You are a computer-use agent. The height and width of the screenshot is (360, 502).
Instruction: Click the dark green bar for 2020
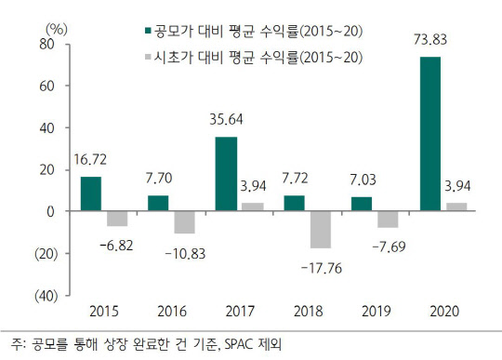tap(430, 134)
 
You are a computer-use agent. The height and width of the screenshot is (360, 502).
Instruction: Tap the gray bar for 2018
tap(321, 230)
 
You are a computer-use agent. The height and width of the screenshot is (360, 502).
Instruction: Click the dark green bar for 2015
tap(91, 193)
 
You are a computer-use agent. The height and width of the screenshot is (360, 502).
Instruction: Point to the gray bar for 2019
tap(390, 220)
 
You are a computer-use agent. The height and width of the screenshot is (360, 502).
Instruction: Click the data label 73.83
tap(430, 42)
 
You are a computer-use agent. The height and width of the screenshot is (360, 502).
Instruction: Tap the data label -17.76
tap(321, 267)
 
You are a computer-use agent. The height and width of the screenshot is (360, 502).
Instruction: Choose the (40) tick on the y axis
tap(45, 295)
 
